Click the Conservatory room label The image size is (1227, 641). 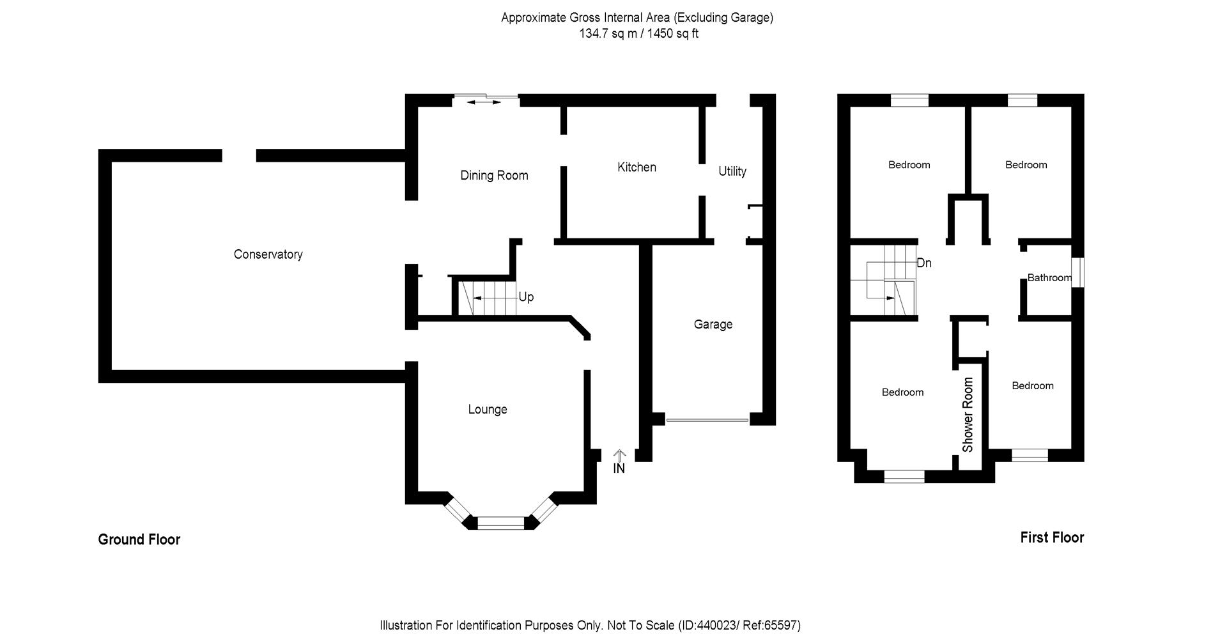pos(268,254)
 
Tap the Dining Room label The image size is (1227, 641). pos(494,176)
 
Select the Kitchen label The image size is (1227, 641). pos(637,167)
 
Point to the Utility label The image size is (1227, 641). pos(732,171)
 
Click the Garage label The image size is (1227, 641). pos(713,325)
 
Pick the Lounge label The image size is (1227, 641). pos(488,410)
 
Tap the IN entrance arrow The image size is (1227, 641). pos(619,456)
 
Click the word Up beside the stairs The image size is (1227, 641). pos(526,297)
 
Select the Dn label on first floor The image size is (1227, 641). pos(924,263)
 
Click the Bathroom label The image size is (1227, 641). pos(1049,278)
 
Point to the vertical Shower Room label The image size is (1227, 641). pos(968,415)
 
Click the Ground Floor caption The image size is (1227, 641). pos(139,540)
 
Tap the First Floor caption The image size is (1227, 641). pos(1052,538)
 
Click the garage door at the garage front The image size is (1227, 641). pos(707,421)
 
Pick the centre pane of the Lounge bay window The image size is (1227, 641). pos(500,523)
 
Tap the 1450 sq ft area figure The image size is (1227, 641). pos(673,34)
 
